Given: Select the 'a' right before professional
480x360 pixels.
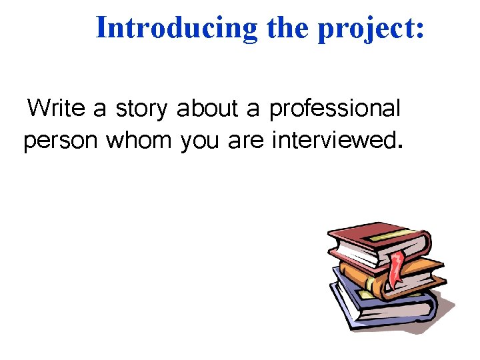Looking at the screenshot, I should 252,109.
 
